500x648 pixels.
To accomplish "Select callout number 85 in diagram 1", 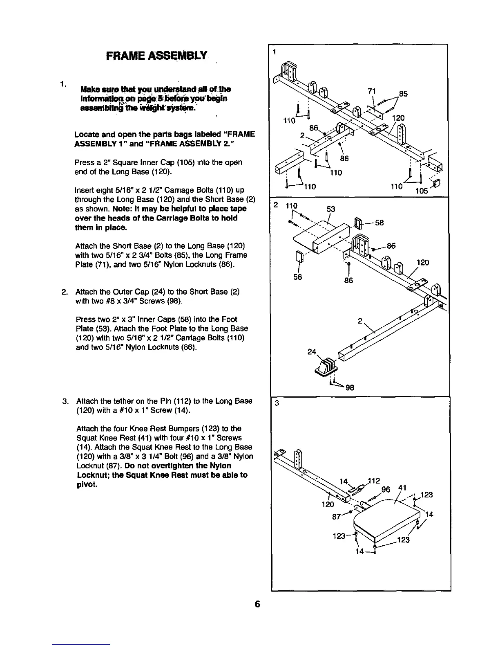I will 403,93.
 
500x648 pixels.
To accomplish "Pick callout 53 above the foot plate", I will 331,209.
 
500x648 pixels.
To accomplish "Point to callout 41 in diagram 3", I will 402,487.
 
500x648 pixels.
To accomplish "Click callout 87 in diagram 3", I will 337,516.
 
